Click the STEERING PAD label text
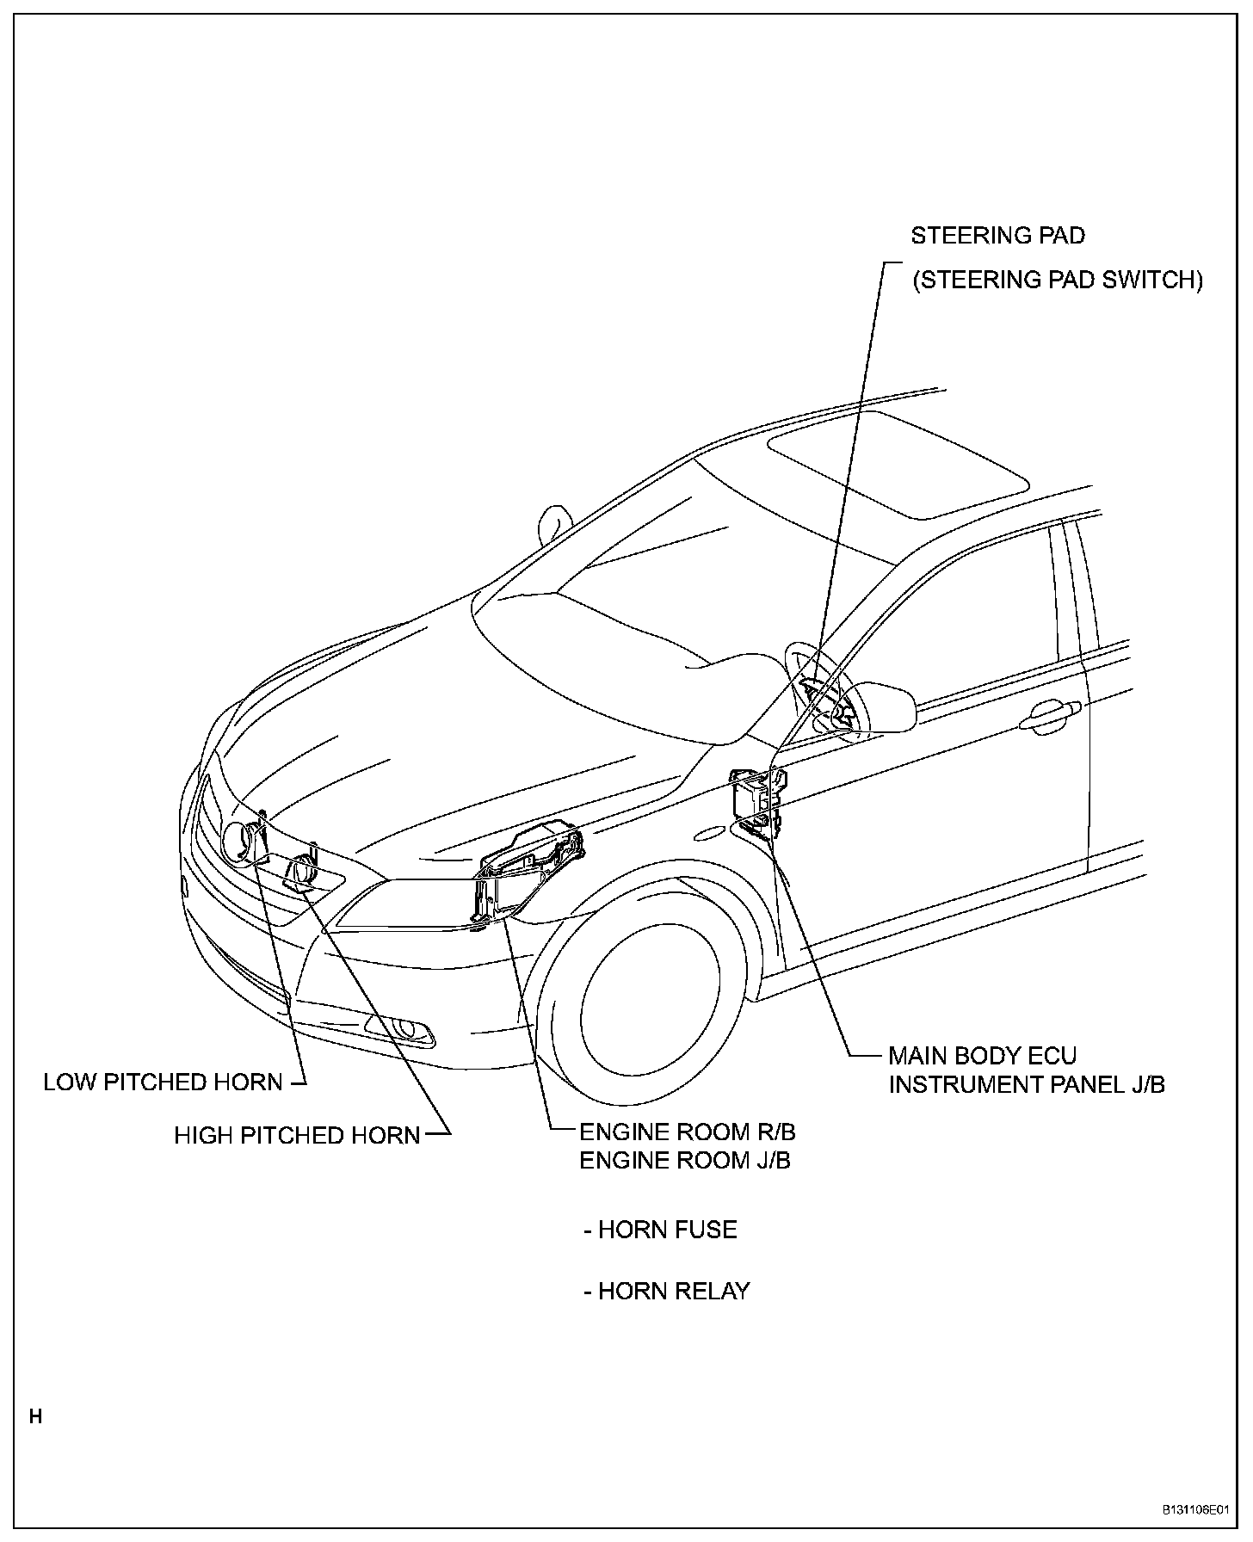click(997, 235)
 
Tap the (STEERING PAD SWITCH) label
click(1057, 281)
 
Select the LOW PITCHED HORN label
click(163, 1082)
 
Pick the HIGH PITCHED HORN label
click(297, 1135)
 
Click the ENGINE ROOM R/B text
click(687, 1132)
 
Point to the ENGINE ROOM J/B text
click(684, 1160)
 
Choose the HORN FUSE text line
click(660, 1230)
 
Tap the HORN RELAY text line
click(666, 1291)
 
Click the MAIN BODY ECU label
click(982, 1055)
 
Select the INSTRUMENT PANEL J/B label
click(1027, 1084)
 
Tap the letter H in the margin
click(35, 1416)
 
